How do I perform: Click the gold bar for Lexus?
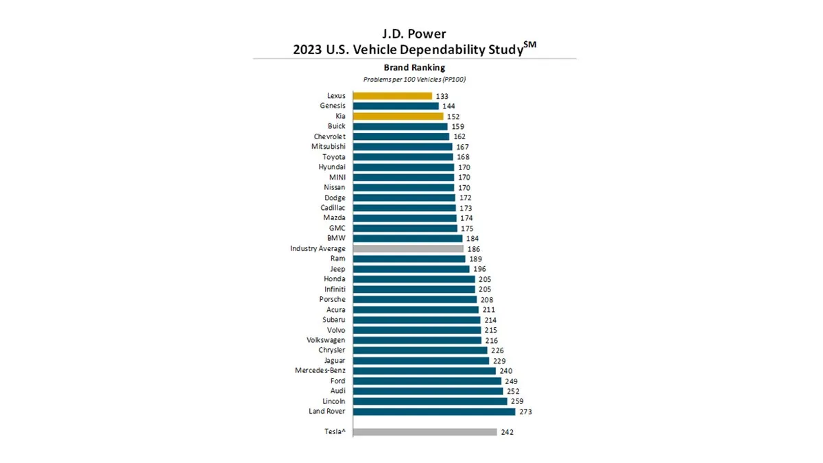tap(392, 96)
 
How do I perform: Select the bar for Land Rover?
tap(434, 412)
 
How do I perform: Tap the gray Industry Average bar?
tap(408, 248)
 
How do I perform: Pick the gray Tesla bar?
tap(425, 432)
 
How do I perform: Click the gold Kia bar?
tap(398, 117)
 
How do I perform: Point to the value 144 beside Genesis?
tap(449, 106)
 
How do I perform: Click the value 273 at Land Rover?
tap(525, 412)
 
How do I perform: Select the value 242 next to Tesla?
tap(508, 432)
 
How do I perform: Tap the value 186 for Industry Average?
tap(474, 248)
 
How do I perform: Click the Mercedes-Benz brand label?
tap(319, 370)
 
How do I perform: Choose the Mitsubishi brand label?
tap(329, 147)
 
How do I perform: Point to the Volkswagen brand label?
tap(326, 340)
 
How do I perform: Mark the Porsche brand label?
tap(332, 299)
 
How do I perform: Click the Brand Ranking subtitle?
tap(414, 68)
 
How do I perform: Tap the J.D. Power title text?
tap(414, 33)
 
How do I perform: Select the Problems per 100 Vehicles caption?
tap(414, 80)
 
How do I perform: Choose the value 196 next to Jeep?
tap(479, 269)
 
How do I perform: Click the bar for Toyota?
tap(403, 157)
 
